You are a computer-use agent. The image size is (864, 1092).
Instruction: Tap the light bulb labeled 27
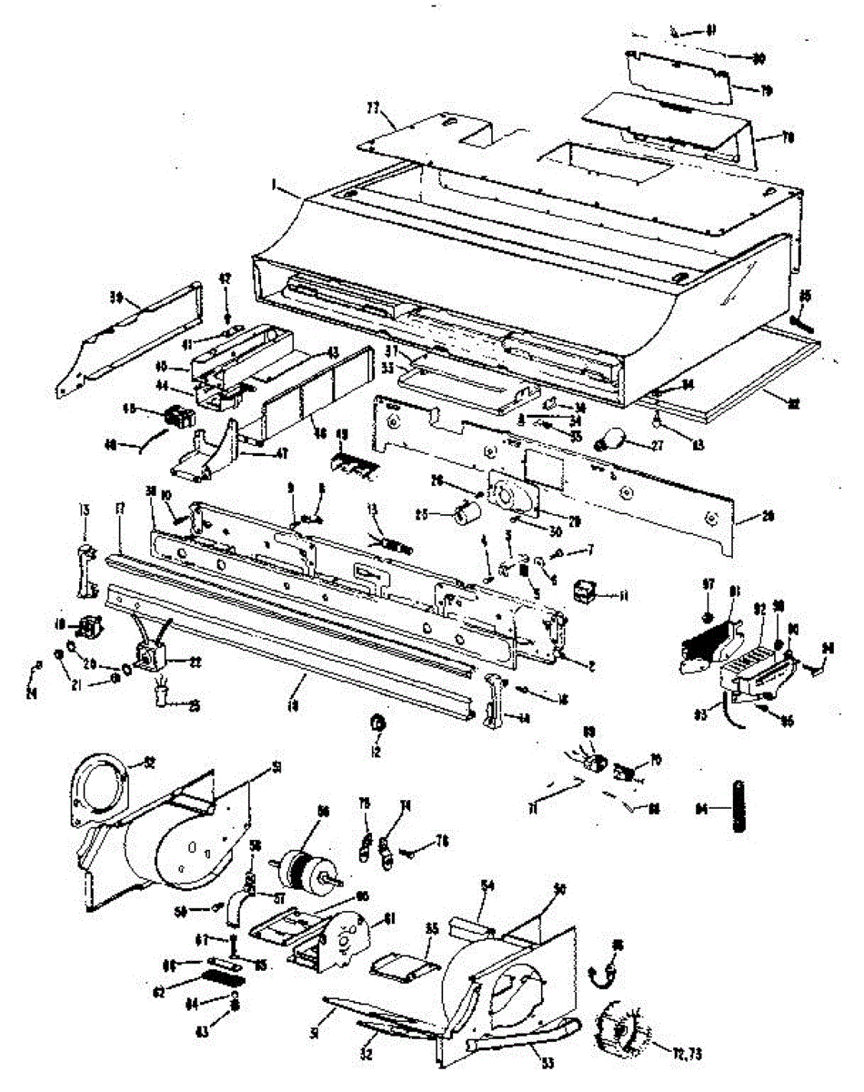pyautogui.click(x=609, y=444)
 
